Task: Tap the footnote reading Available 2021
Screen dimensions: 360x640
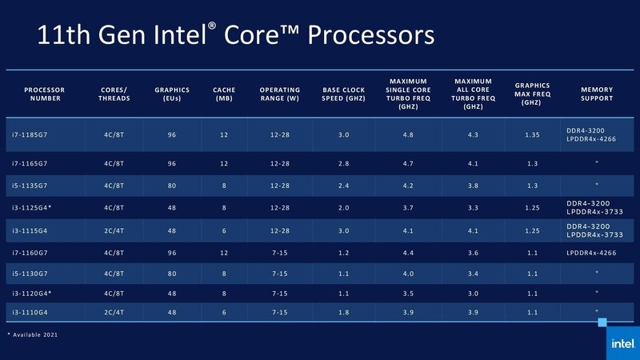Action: pyautogui.click(x=33, y=334)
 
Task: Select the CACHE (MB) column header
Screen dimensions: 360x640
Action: pyautogui.click(x=223, y=94)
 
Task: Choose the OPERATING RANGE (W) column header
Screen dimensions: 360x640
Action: pyautogui.click(x=279, y=94)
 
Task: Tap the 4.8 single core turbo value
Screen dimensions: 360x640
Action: pyautogui.click(x=409, y=135)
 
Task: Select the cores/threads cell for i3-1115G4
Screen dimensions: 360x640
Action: pyautogui.click(x=112, y=230)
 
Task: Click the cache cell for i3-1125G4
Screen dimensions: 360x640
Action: pyautogui.click(x=223, y=208)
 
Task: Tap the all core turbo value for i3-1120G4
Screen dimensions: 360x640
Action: pyautogui.click(x=473, y=292)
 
